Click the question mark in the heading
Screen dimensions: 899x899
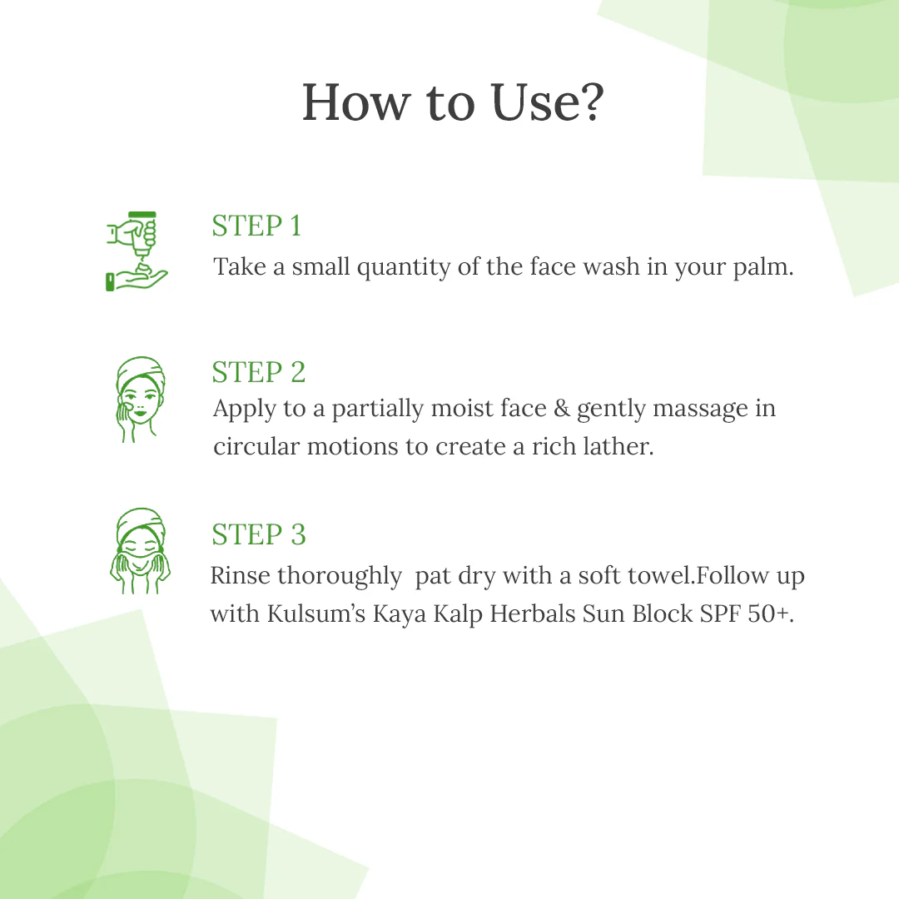[x=586, y=103]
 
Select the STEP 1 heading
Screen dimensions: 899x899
[x=256, y=226]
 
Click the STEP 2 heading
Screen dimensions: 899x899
[x=259, y=372]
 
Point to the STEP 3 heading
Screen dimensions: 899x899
[x=259, y=534]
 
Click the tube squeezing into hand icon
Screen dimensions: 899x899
[x=137, y=251]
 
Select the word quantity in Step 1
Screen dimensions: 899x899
[x=405, y=268]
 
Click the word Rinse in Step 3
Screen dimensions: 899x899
[x=241, y=576]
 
